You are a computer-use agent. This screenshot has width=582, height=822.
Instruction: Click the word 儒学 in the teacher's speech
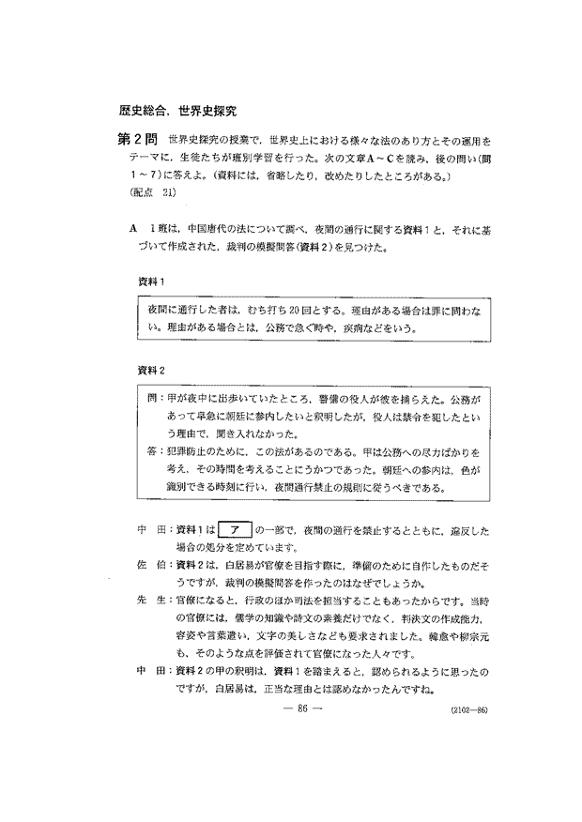pos(248,618)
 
